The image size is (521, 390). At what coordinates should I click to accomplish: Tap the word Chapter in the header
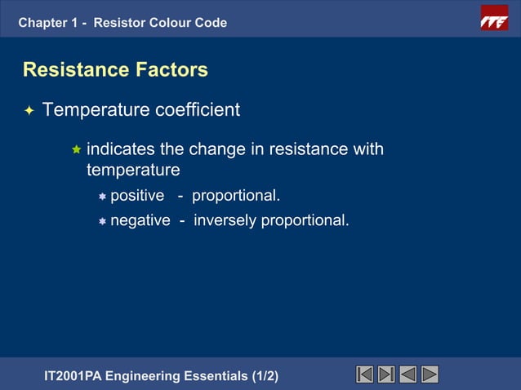(x=43, y=23)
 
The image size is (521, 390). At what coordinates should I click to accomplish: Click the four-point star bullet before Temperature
(x=29, y=110)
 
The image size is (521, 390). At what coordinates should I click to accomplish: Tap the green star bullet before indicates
(x=76, y=150)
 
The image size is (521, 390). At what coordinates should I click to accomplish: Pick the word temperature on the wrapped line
(x=132, y=171)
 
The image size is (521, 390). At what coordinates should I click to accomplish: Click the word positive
(x=137, y=197)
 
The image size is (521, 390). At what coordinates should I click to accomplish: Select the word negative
(x=140, y=220)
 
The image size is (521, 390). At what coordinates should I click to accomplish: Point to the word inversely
(x=225, y=220)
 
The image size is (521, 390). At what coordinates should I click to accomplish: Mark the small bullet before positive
(x=102, y=197)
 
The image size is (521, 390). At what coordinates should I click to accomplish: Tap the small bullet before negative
(x=102, y=221)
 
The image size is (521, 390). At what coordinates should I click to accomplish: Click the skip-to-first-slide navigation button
(x=365, y=374)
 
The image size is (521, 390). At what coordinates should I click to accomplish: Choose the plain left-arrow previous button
(x=408, y=374)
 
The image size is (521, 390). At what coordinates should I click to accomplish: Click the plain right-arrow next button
(x=430, y=374)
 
